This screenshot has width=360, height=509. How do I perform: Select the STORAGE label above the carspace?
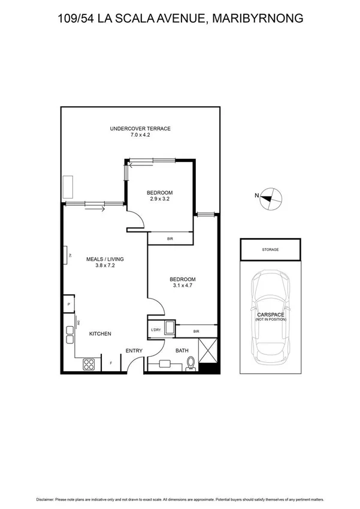click(270, 249)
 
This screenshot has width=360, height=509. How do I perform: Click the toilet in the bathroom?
click(191, 363)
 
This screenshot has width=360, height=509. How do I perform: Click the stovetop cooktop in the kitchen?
click(89, 363)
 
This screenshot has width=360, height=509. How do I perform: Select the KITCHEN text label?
click(100, 334)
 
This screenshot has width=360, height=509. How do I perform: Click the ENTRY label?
click(133, 351)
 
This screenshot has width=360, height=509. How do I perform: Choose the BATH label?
click(181, 351)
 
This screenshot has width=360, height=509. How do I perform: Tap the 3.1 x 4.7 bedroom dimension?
click(182, 286)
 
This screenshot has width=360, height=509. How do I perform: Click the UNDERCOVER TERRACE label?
click(140, 129)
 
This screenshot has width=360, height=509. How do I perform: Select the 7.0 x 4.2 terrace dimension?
click(140, 135)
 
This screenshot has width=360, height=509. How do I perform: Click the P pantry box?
click(69, 305)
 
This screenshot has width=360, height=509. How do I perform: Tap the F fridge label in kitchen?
click(111, 363)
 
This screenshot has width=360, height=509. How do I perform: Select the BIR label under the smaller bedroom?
click(170, 239)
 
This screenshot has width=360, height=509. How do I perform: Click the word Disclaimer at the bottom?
click(47, 499)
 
